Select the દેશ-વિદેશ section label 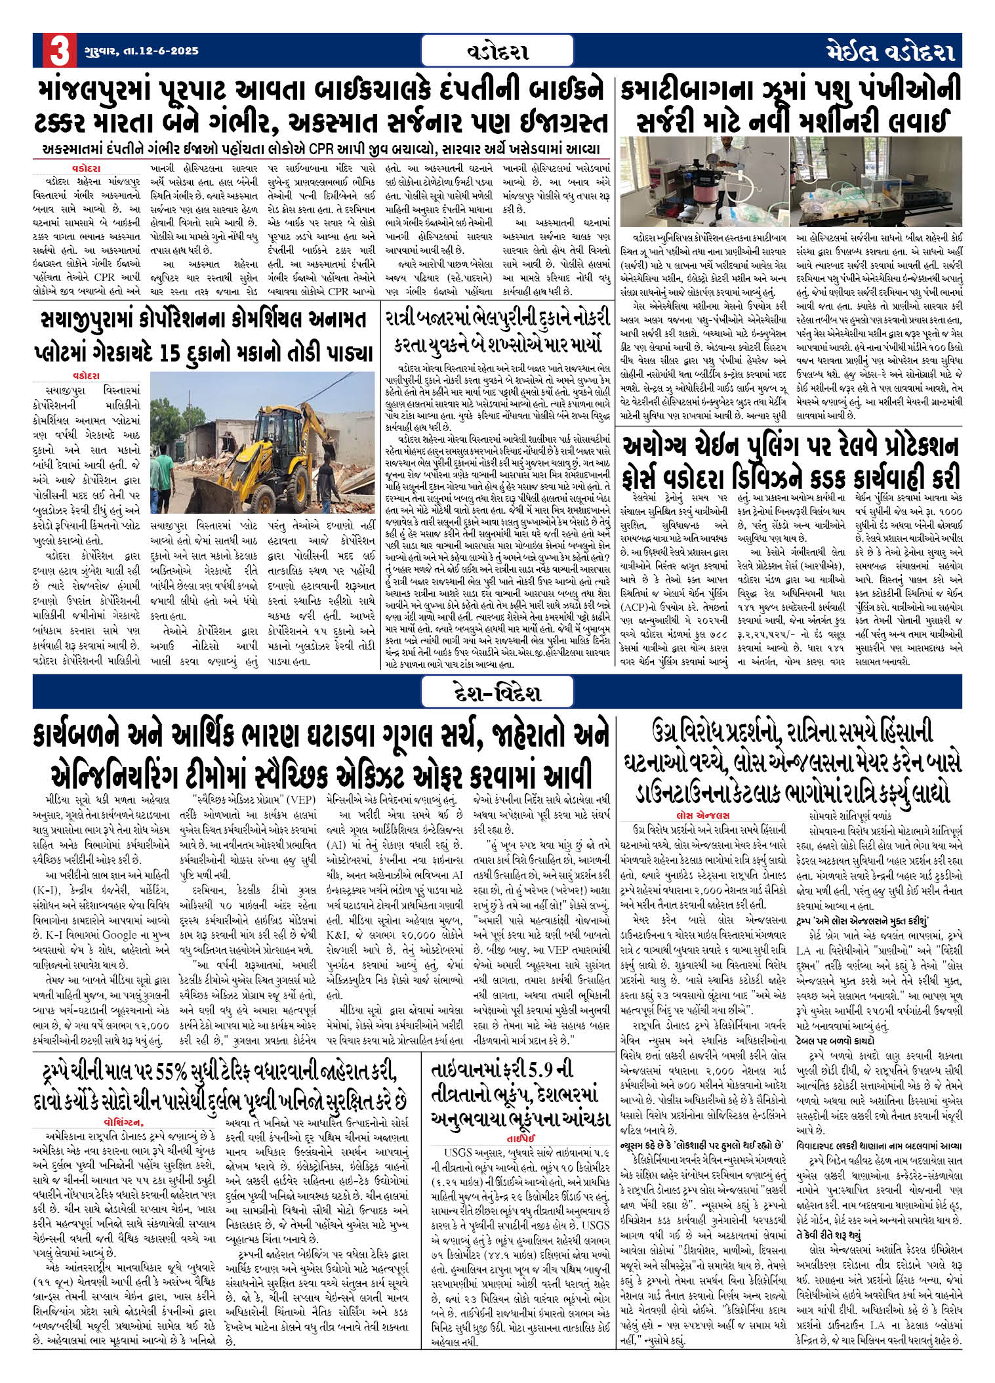coord(497,693)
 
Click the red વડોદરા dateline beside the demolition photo coord(87,376)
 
